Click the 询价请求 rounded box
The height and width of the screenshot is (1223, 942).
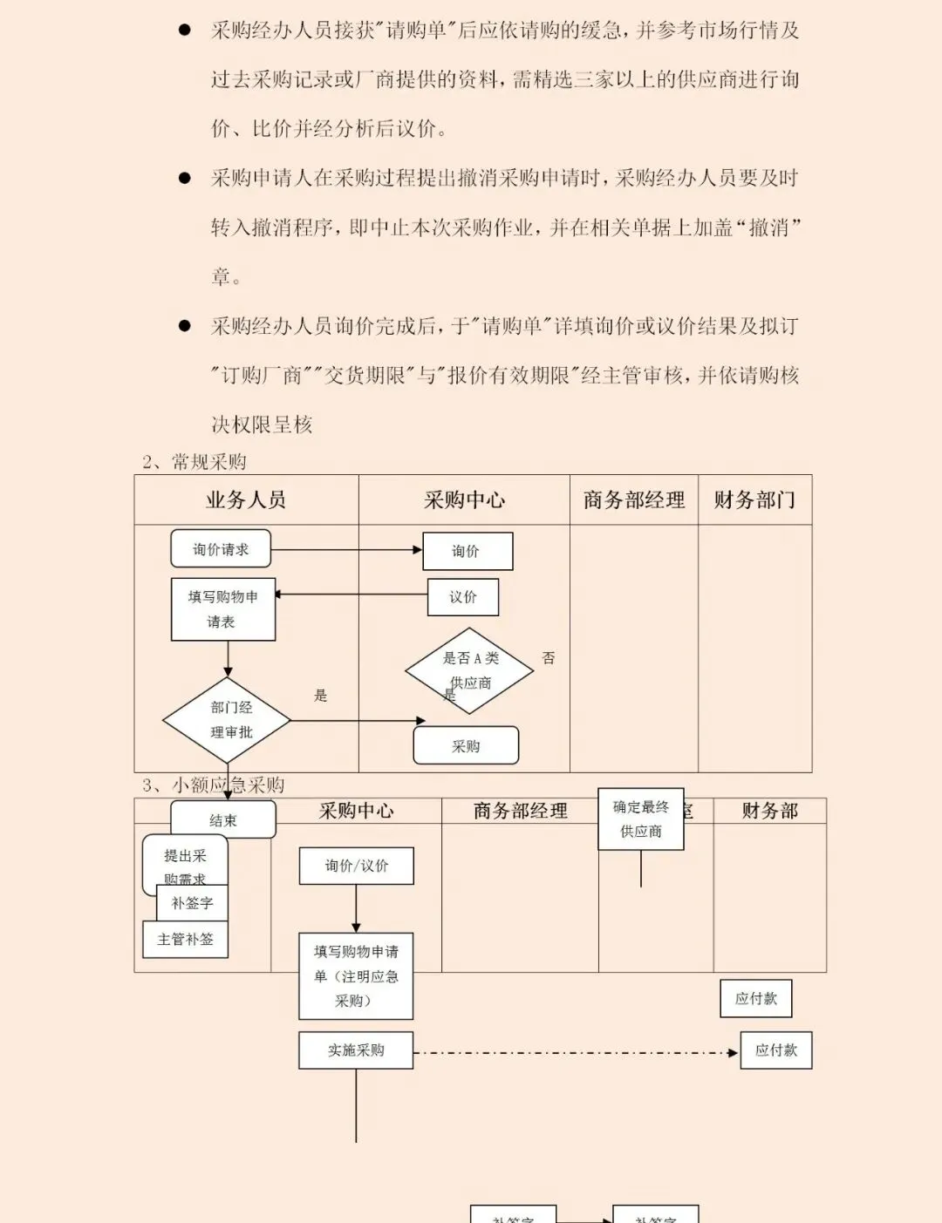[x=221, y=549]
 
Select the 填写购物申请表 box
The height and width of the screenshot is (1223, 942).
[x=223, y=609]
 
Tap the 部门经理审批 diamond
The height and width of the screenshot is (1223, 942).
[x=228, y=720]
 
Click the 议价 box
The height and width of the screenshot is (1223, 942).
[x=463, y=597]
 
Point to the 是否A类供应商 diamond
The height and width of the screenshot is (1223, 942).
[x=468, y=670]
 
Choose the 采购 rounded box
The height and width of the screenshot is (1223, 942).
[x=466, y=746]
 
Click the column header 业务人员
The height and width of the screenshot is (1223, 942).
[x=246, y=500]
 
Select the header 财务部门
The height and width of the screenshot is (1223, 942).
[x=754, y=500]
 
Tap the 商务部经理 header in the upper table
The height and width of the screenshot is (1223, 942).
[x=634, y=500]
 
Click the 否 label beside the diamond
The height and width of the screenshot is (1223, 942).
[x=549, y=658]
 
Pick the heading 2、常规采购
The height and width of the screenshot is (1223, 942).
[x=195, y=462]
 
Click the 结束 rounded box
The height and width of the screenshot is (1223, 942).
[x=223, y=820]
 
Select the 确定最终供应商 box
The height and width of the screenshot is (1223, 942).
[x=641, y=819]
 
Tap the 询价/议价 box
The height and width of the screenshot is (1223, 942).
[x=357, y=866]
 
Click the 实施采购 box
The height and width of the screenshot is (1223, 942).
[x=356, y=1050]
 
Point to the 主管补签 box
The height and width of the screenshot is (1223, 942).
[x=185, y=940]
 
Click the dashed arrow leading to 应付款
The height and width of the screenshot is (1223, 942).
[x=576, y=1053]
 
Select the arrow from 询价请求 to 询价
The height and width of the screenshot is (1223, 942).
[x=346, y=550]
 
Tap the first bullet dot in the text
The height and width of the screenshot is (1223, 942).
[x=185, y=31]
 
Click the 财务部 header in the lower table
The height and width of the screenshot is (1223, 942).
[x=770, y=812]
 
